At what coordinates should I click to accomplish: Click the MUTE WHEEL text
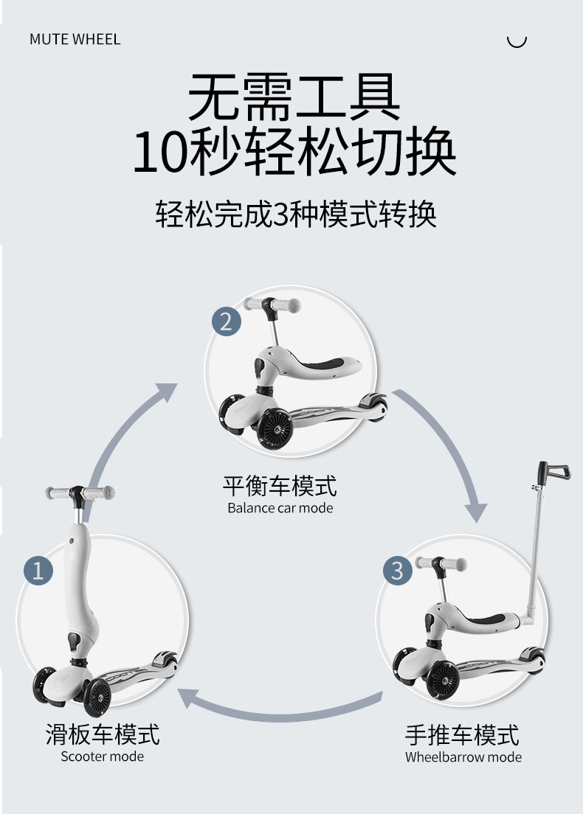pos(75,39)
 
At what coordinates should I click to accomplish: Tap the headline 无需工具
pos(294,97)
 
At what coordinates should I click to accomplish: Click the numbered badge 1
pos(38,569)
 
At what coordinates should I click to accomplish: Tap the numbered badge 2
pos(226,321)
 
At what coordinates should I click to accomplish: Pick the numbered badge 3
pos(397,570)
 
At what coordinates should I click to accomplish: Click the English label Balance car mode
pos(280,508)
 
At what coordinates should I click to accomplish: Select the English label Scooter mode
pos(102,756)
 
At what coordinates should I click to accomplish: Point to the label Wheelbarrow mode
pos(463,757)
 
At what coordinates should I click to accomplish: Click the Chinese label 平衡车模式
pos(280,486)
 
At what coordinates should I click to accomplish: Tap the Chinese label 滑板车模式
pos(102,734)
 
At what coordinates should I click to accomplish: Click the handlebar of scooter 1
pos(79,492)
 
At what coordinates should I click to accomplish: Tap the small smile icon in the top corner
pos(517,41)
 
